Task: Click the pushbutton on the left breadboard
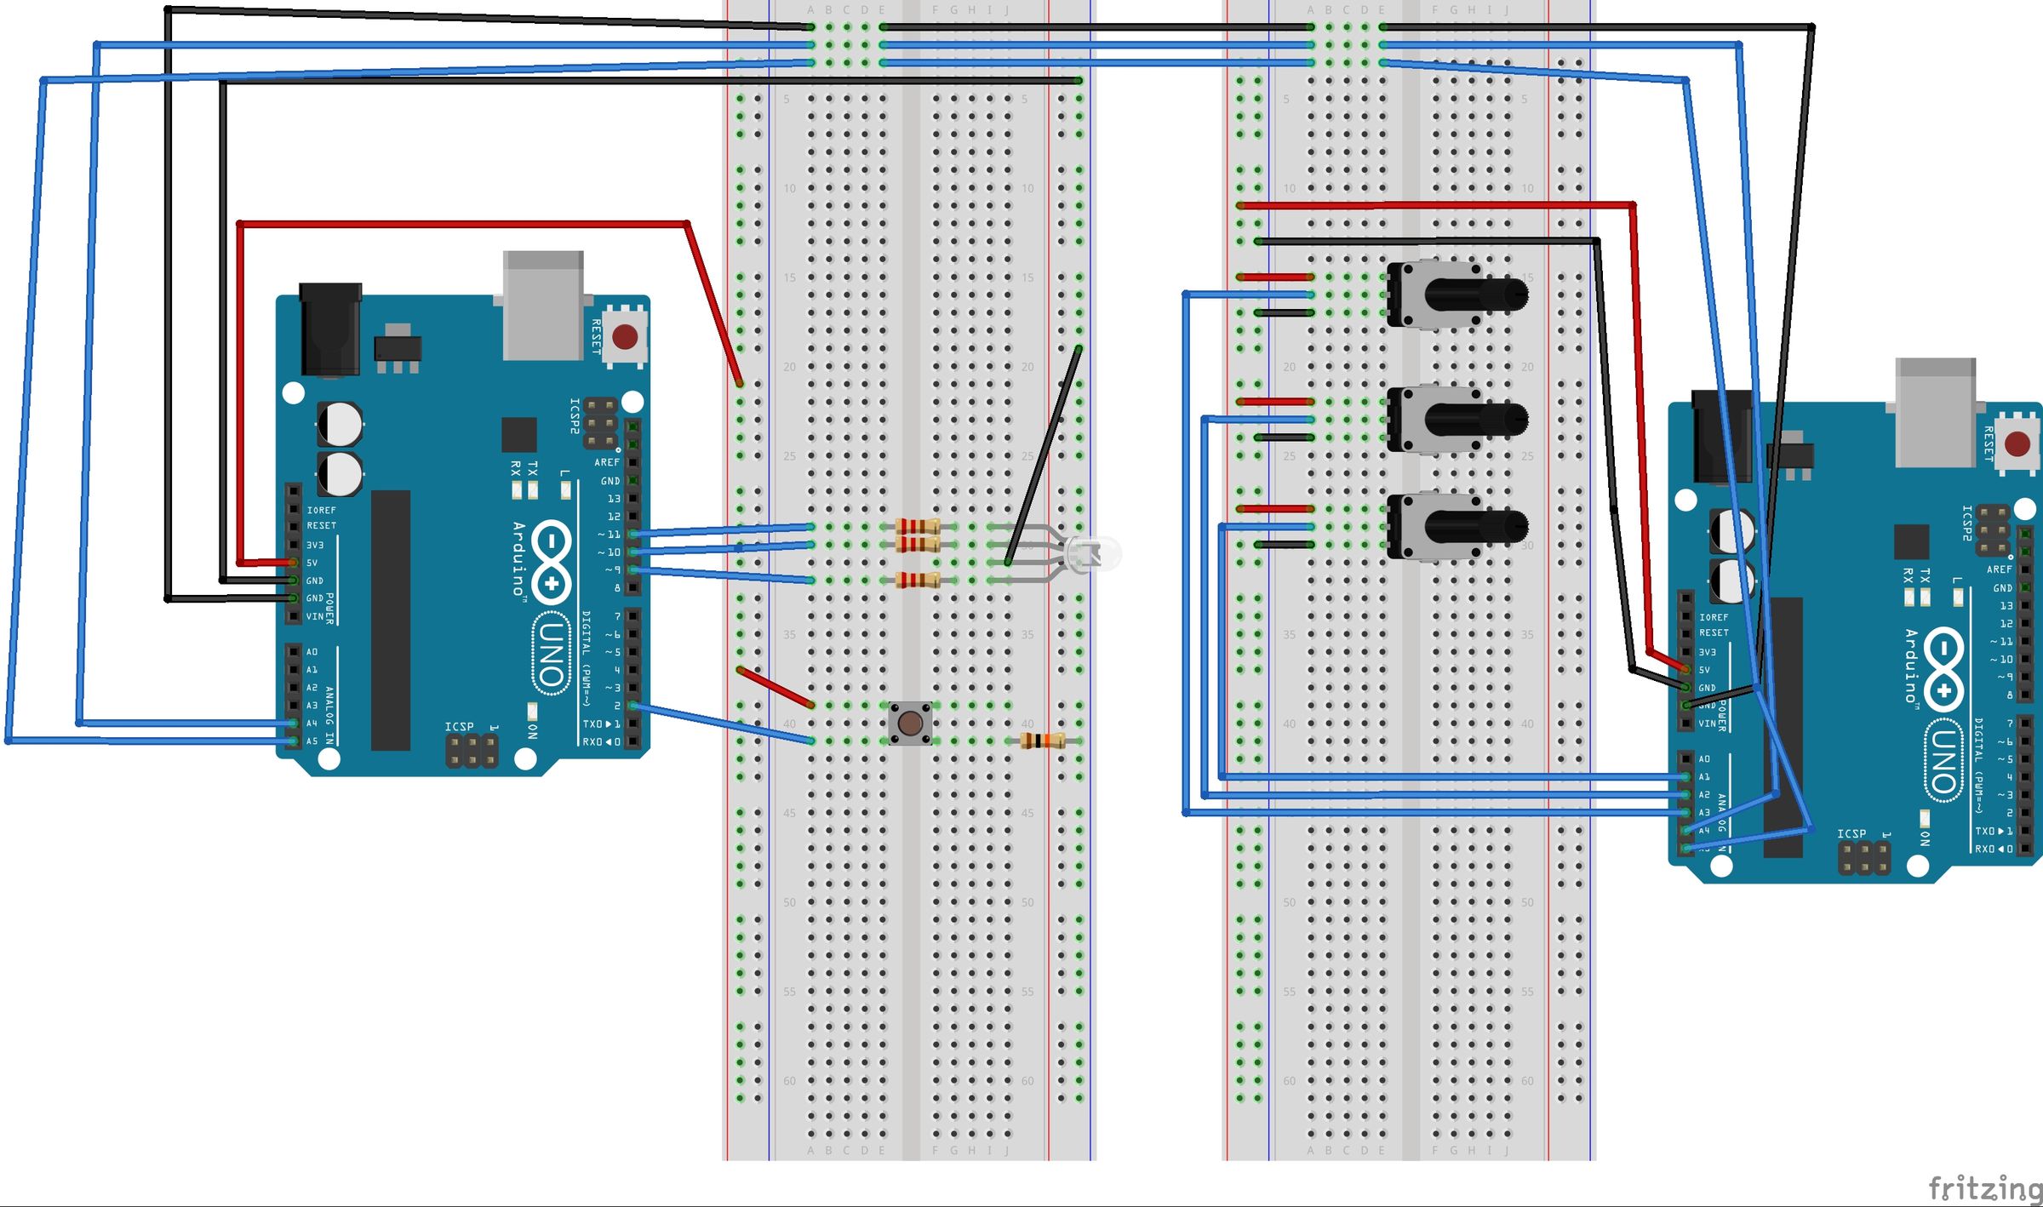coord(909,724)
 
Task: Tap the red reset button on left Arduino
coord(625,336)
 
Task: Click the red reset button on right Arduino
coord(2017,443)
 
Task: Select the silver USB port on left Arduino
coord(543,304)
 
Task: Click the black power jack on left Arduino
coord(330,329)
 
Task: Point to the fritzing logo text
coord(1983,1187)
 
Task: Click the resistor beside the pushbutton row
coord(1042,741)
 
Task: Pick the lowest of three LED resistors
coord(918,581)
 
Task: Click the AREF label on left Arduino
coord(606,462)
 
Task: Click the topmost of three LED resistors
coord(918,526)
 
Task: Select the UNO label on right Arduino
coord(1943,761)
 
